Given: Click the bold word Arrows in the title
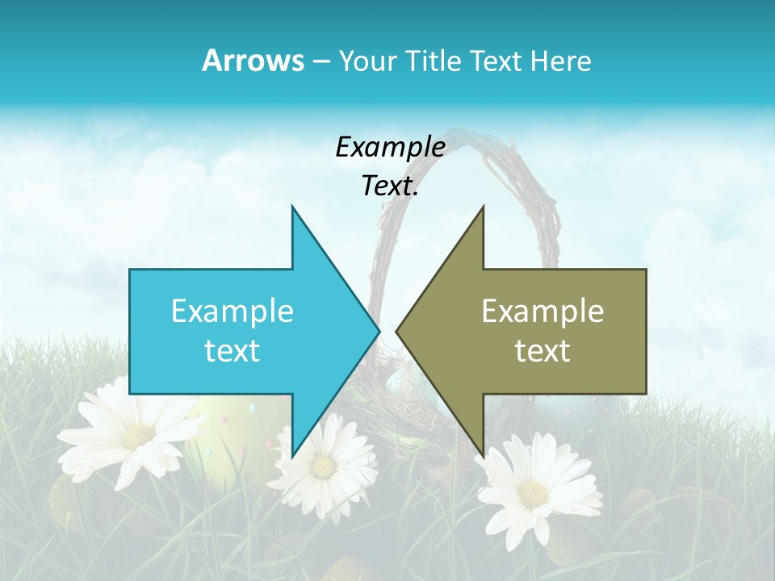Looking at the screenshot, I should click(253, 61).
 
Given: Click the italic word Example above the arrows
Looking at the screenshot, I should click(390, 148).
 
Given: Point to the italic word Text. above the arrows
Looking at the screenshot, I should click(390, 186).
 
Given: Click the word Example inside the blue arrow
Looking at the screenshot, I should click(232, 311).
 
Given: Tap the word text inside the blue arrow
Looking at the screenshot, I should click(232, 351).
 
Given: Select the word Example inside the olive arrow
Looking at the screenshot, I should click(542, 311).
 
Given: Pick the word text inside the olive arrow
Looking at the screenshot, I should click(542, 351).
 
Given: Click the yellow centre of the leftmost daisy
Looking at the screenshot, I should click(138, 436).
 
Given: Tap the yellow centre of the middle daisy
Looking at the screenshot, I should click(323, 466).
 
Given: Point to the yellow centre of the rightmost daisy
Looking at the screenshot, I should click(534, 491).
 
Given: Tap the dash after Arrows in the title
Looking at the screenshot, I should click(320, 61).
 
